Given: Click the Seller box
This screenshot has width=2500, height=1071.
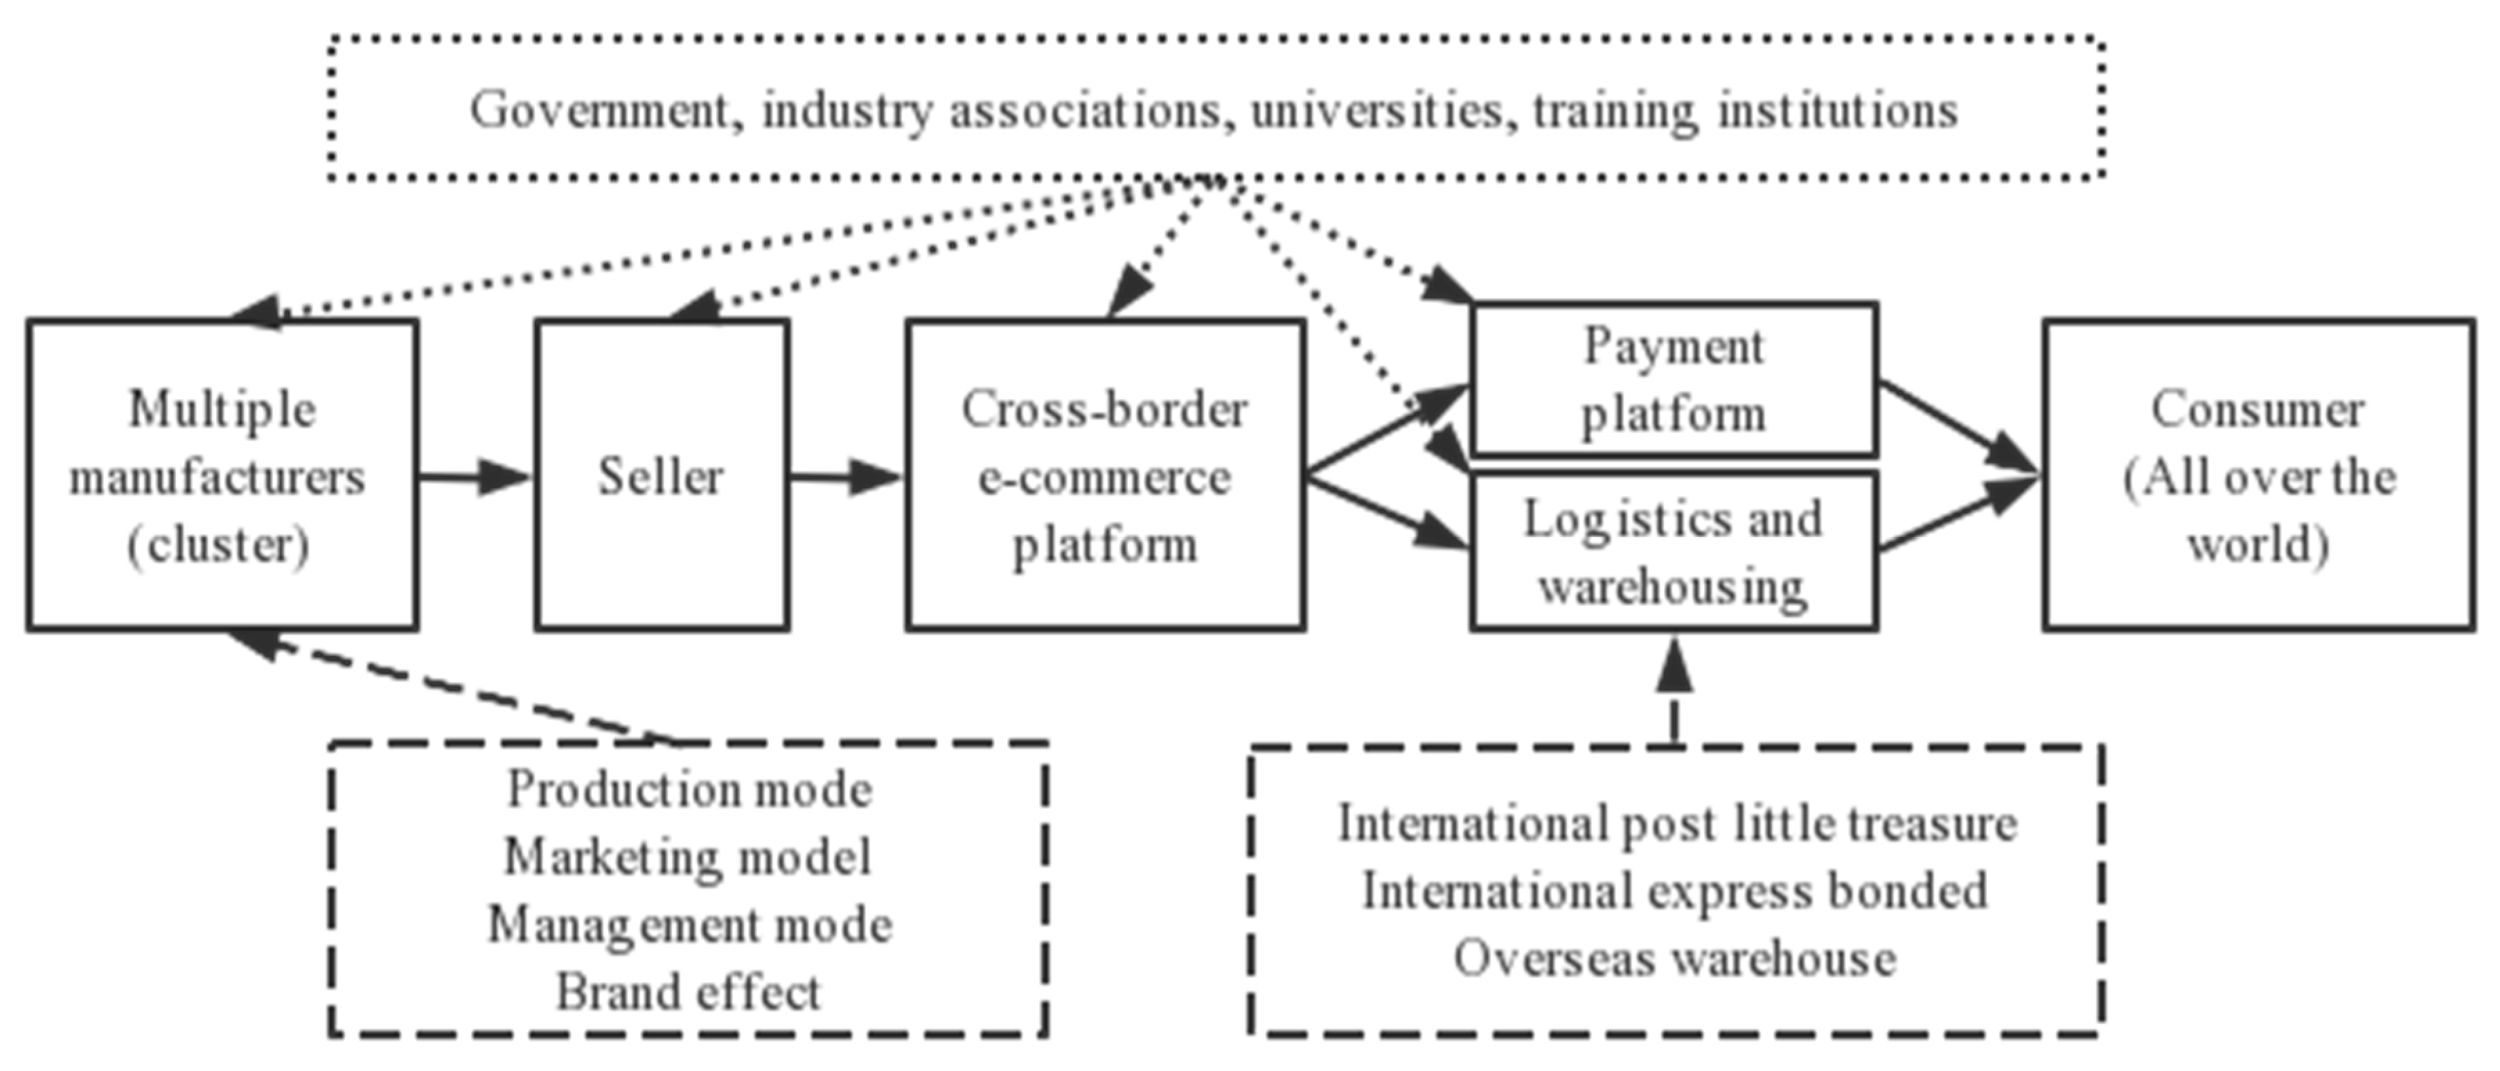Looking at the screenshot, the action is click(661, 476).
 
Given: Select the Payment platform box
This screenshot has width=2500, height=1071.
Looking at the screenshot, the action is click(1674, 378).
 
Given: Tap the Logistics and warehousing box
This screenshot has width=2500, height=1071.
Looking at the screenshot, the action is click(1674, 552).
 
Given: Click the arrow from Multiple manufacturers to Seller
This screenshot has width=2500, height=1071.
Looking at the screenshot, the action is click(475, 477).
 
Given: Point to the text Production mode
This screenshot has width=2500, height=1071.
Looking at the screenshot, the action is click(690, 790).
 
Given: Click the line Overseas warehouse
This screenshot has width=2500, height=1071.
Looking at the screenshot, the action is click(1675, 959).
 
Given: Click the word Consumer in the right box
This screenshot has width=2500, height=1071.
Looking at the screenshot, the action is click(2258, 409).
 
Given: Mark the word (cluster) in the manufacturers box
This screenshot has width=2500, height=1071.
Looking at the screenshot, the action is click(218, 545).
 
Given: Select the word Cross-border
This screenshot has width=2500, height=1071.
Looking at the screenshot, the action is click(1104, 409).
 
